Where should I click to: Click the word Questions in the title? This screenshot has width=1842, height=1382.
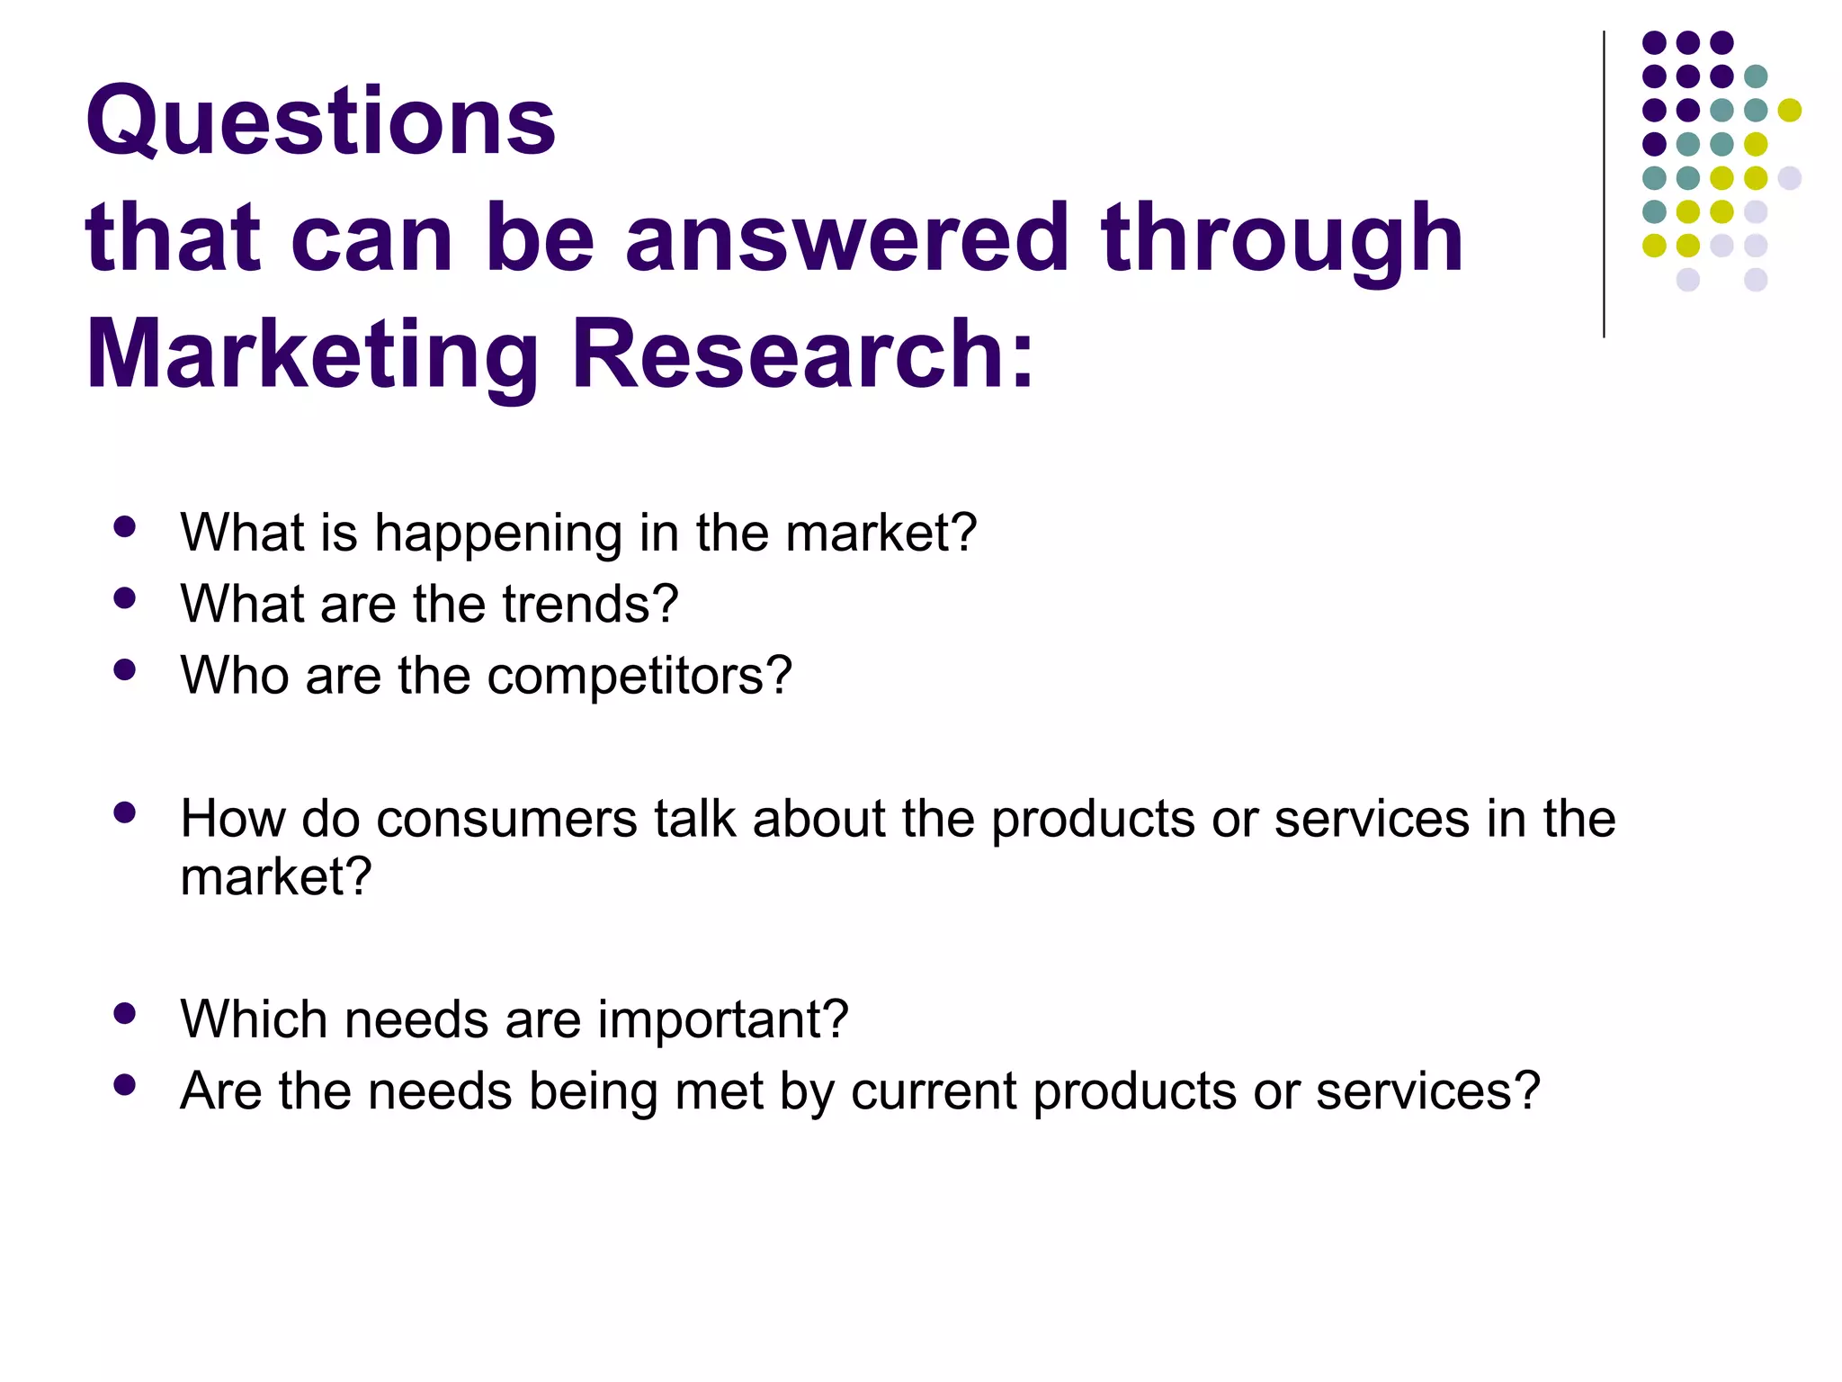pyautogui.click(x=320, y=122)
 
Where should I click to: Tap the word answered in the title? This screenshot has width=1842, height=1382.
pyautogui.click(x=847, y=238)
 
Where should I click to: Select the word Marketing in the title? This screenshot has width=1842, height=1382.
pyautogui.click(x=311, y=356)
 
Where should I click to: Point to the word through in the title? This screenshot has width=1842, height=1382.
pyautogui.click(x=1282, y=239)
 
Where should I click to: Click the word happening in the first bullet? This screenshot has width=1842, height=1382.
pyautogui.click(x=497, y=534)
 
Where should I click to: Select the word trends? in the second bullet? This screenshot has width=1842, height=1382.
pyautogui.click(x=590, y=604)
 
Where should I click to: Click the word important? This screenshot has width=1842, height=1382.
pyautogui.click(x=722, y=1020)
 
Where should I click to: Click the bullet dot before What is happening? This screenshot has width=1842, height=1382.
pyautogui.click(x=125, y=527)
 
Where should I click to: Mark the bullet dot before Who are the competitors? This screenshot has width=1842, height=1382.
pyautogui.click(x=125, y=670)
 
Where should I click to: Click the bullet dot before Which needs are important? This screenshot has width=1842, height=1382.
pyautogui.click(x=125, y=1015)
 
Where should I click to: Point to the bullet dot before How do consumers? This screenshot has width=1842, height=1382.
pyautogui.click(x=125, y=813)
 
